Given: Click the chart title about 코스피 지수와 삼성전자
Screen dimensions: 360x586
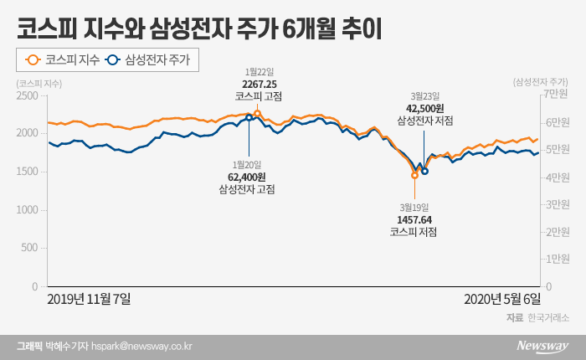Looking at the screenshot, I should click(199, 30).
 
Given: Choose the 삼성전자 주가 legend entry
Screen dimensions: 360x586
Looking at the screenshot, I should click(156, 60).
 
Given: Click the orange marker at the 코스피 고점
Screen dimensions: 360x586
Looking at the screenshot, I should click(257, 113).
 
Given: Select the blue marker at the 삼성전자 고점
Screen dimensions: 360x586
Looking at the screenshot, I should click(249, 118).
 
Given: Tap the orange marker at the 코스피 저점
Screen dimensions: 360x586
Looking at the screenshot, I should click(414, 176).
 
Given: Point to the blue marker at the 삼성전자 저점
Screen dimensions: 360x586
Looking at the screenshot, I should click(425, 171).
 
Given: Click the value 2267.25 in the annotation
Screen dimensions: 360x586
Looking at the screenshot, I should click(259, 85).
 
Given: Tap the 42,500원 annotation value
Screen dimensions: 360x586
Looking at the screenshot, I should click(425, 109).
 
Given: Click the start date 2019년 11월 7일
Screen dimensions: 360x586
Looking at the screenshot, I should click(90, 298).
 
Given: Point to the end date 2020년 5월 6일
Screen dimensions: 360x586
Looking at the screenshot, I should click(502, 298).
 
